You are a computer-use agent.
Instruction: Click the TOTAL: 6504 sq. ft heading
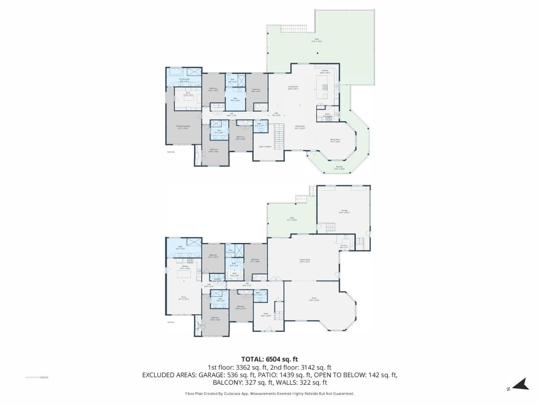(x=269, y=359)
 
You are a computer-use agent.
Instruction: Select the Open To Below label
(x=265, y=146)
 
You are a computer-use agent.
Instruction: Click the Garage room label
(x=344, y=211)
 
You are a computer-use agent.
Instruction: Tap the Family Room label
(x=305, y=260)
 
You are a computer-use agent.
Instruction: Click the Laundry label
(x=217, y=279)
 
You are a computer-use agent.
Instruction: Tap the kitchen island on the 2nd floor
(x=322, y=87)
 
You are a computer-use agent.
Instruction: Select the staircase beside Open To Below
(x=279, y=137)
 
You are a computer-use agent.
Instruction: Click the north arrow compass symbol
(x=521, y=384)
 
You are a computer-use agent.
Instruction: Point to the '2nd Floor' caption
(x=171, y=152)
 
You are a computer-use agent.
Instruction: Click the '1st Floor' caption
(x=171, y=322)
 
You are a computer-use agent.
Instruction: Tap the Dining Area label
(x=300, y=127)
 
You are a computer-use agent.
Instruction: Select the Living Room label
(x=293, y=87)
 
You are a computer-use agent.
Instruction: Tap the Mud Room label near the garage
(x=344, y=246)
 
